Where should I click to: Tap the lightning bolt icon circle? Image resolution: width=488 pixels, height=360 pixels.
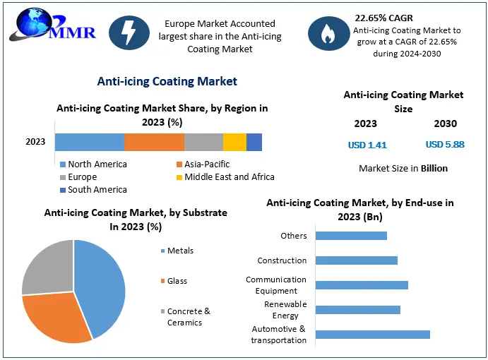click(x=130, y=32)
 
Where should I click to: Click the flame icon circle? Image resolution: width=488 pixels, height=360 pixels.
click(x=326, y=32)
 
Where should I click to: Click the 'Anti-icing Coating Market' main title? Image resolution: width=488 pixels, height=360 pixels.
click(x=167, y=81)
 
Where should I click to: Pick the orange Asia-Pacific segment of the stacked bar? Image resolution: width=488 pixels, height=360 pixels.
click(x=154, y=141)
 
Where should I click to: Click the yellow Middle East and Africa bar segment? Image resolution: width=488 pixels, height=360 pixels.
click(x=234, y=141)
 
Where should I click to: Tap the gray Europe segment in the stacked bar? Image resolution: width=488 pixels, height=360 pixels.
click(x=203, y=141)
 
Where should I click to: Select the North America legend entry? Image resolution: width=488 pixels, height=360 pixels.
click(x=93, y=164)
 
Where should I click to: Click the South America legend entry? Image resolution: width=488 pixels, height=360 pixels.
click(x=93, y=190)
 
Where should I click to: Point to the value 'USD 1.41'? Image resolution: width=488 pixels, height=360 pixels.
click(x=367, y=145)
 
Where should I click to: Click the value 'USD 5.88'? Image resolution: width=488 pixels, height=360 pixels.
click(x=444, y=145)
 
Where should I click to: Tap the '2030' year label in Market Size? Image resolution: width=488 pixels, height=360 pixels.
click(x=445, y=124)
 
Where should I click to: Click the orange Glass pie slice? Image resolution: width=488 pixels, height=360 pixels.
click(x=56, y=318)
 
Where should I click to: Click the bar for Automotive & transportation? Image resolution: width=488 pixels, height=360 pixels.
click(x=372, y=335)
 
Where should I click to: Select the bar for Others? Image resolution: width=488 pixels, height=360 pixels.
click(x=351, y=236)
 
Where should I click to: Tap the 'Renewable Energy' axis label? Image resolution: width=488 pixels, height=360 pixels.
click(x=285, y=310)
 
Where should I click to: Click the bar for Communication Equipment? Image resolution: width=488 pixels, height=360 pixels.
click(x=362, y=285)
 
